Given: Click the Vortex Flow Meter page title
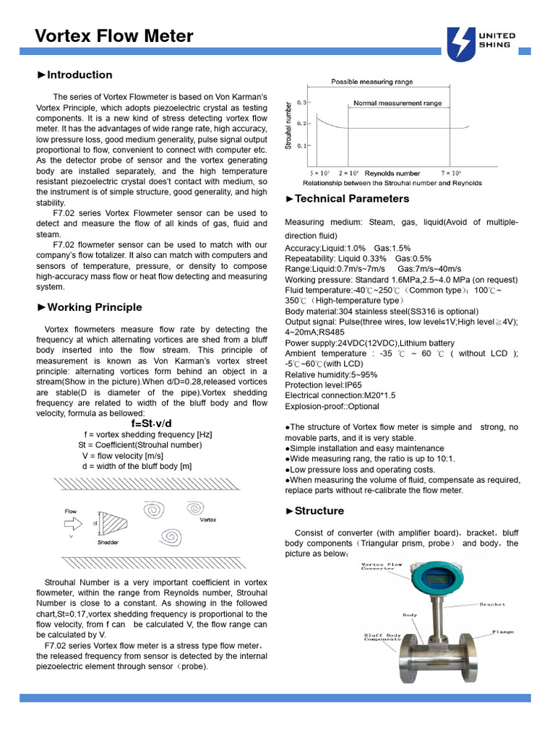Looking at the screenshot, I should point(114,35).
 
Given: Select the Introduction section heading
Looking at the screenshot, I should point(74,74).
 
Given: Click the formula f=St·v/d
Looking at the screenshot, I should point(151,423).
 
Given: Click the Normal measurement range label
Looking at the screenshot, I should point(397,103).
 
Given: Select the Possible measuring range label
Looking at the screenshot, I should point(372,82).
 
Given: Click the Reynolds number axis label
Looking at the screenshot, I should point(392,174).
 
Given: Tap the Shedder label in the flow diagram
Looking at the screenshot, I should point(108,541).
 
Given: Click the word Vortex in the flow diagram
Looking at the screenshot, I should point(207,520).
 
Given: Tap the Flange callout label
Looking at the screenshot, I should point(503,632).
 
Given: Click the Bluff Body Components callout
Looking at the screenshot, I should point(382,637).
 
